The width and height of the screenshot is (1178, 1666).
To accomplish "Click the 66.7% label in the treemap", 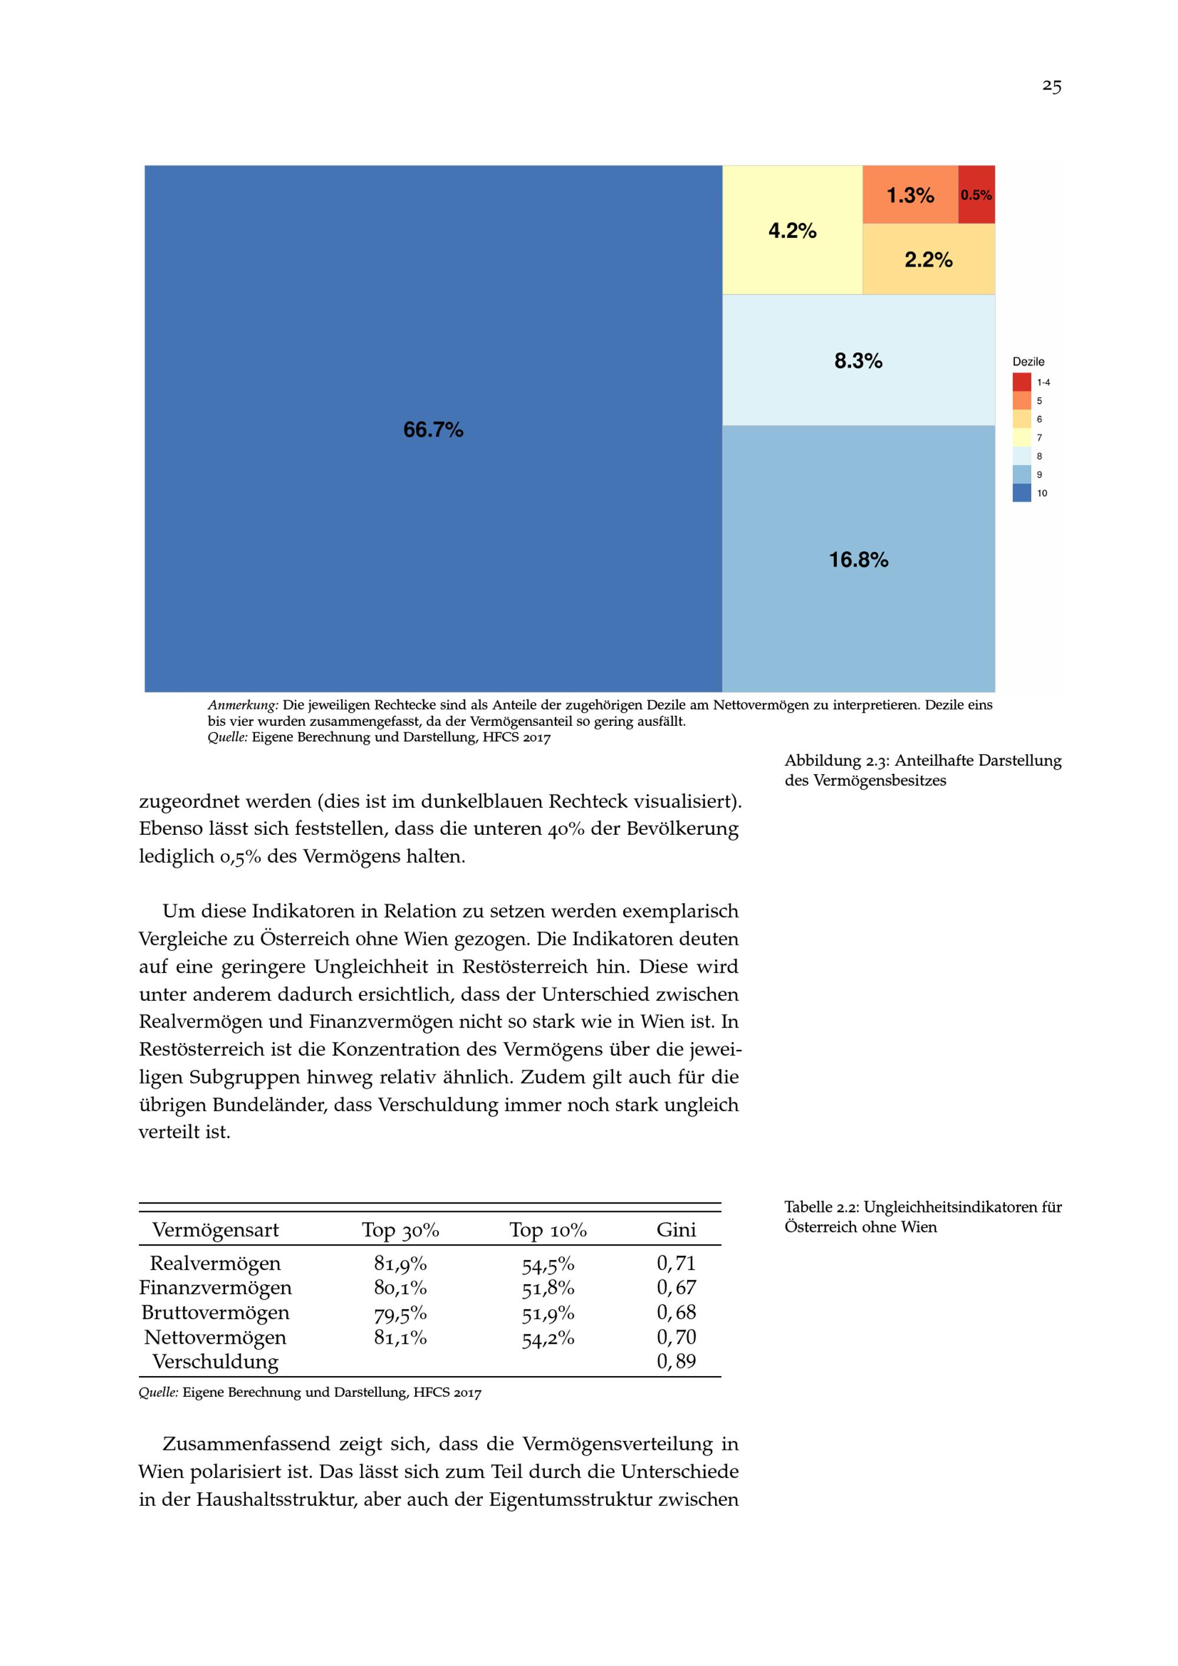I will [x=433, y=429].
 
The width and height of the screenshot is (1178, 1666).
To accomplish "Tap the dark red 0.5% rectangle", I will [x=977, y=194].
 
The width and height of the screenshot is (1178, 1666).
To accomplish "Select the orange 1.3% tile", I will [x=911, y=194].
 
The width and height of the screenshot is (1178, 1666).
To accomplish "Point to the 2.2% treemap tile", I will [x=928, y=259].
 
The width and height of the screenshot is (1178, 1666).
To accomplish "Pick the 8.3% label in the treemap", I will [x=858, y=361].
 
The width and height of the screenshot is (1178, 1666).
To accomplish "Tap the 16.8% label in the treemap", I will [x=858, y=560].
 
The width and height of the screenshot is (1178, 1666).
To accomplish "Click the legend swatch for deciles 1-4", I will [x=1021, y=382].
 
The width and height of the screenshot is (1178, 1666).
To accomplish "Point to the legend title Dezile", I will [x=1028, y=361].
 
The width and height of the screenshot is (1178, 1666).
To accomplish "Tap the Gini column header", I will [x=676, y=1229].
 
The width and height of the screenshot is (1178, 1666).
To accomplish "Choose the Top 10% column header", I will [x=548, y=1229].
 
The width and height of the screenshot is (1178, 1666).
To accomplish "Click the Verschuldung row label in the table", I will [x=216, y=1361].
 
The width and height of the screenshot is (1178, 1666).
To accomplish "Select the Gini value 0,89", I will [x=676, y=1361].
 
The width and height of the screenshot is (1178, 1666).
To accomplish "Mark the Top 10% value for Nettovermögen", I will [x=548, y=1337].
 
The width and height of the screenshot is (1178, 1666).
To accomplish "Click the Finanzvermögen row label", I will [x=216, y=1288].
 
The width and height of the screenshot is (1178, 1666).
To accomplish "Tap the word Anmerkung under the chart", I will [x=243, y=705].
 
